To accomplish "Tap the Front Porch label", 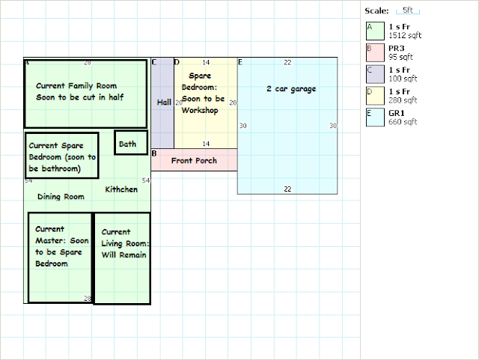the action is [194, 161].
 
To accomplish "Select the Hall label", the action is [164, 103].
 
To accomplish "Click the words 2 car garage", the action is [291, 89].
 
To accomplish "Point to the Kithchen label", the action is [121, 189].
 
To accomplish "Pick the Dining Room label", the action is [61, 197].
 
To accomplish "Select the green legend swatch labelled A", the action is [375, 31].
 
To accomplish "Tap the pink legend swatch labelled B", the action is [375, 52].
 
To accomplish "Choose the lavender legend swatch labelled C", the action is [375, 74].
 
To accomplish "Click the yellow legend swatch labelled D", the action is [375, 96].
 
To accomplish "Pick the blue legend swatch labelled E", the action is [375, 118].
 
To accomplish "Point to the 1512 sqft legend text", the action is [405, 35].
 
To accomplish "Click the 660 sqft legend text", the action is [403, 122].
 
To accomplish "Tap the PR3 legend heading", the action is [397, 49].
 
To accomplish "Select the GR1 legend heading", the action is [397, 113].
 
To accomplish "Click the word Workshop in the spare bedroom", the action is [200, 110].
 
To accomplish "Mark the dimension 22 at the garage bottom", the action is [287, 189].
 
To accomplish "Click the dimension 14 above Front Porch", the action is [206, 144].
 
